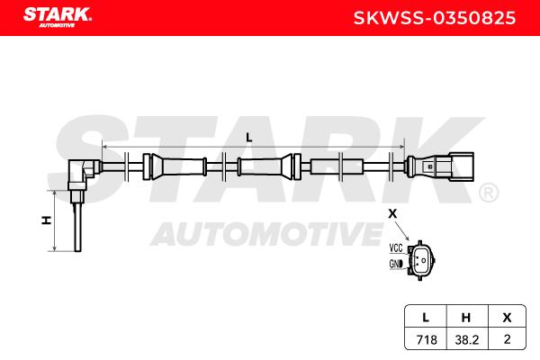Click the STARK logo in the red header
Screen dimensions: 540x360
58,17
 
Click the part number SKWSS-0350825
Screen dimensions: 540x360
435,18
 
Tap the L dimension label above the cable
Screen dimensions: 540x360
249,138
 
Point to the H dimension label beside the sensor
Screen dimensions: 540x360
47,220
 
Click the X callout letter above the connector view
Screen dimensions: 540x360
392,214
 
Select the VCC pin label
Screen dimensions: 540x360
396,247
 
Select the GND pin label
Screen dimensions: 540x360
396,265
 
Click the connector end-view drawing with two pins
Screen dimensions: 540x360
421,260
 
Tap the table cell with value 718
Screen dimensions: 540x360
427,339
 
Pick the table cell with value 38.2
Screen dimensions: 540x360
466,339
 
